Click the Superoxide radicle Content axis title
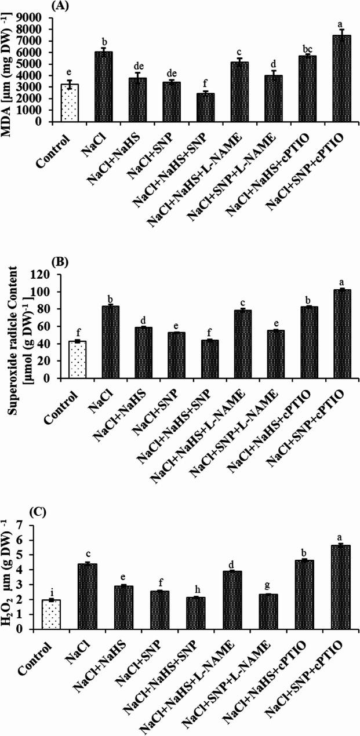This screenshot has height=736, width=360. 13,317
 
